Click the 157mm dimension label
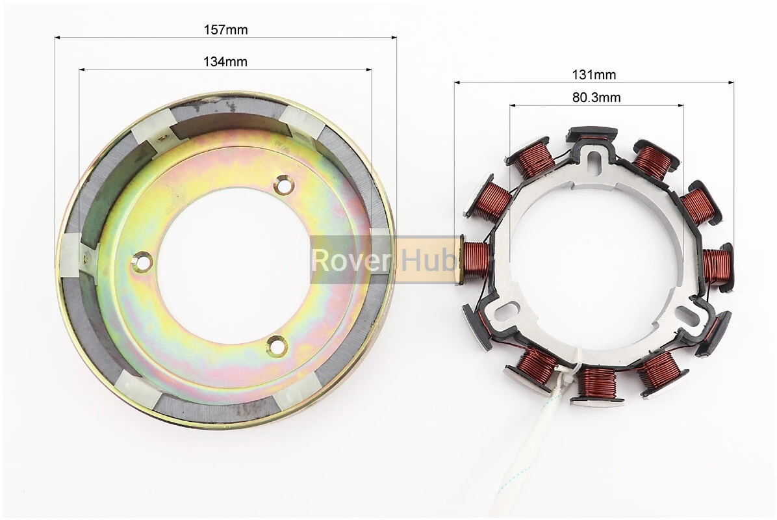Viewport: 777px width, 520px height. click(x=225, y=30)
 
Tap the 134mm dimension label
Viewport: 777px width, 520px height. click(x=225, y=62)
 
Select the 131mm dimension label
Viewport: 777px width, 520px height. click(x=594, y=75)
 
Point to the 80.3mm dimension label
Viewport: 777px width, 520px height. click(x=596, y=97)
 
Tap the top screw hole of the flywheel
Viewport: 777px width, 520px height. click(x=283, y=185)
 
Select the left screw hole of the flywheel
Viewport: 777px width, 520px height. click(x=143, y=261)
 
